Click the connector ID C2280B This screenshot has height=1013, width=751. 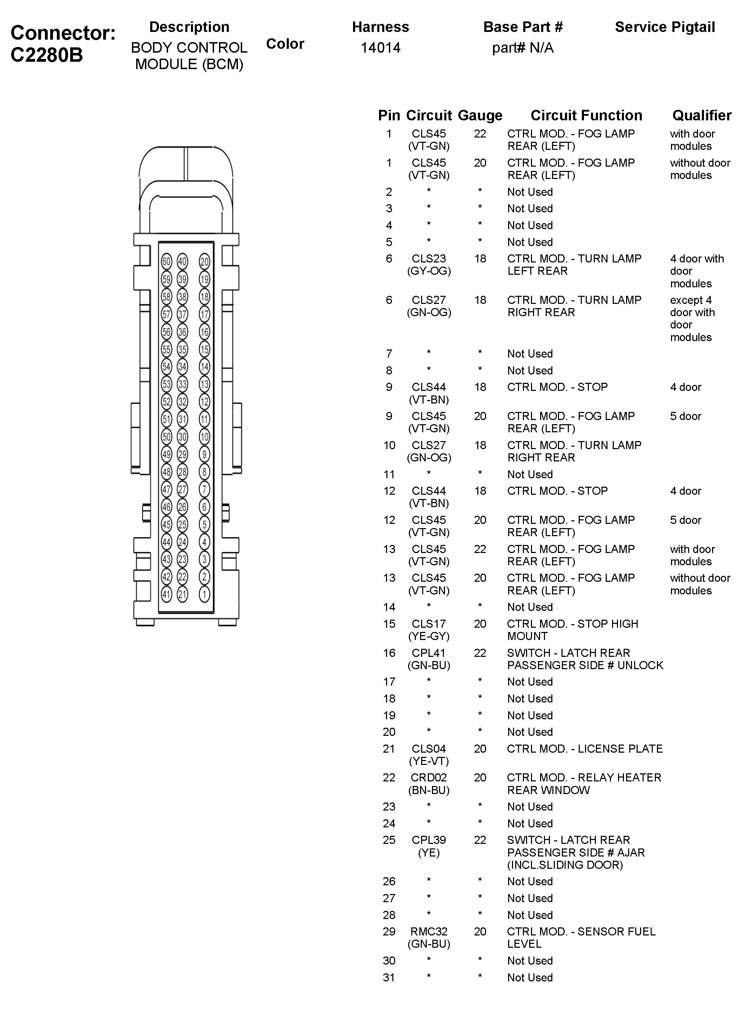[47, 55]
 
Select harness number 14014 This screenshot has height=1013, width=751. [380, 48]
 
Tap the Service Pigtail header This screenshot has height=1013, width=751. [665, 27]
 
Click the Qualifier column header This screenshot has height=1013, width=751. [702, 115]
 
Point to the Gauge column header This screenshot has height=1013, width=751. [480, 115]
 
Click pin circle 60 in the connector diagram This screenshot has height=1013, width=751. [166, 262]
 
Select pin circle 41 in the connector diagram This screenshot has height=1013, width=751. [166, 594]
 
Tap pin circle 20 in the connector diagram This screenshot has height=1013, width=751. [205, 262]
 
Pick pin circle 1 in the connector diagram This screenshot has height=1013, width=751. [205, 594]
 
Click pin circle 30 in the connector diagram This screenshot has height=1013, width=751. [182, 437]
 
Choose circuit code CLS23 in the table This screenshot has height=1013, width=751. [429, 259]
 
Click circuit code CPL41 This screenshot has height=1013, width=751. [429, 653]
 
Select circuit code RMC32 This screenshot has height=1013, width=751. [429, 932]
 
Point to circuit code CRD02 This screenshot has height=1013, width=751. [429, 778]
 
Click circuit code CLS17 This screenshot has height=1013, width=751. [429, 624]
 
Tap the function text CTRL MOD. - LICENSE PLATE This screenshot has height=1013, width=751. [585, 748]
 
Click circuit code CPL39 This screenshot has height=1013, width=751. [429, 840]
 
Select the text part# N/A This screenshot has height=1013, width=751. [523, 48]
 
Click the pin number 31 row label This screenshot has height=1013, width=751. [389, 978]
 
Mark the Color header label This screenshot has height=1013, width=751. [285, 44]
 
